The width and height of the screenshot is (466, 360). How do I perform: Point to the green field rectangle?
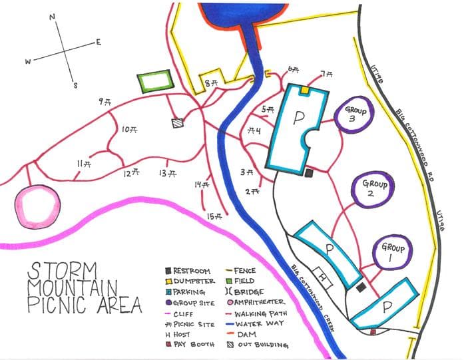pyautogui.click(x=155, y=82)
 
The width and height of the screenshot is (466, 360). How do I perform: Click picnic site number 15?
pyautogui.click(x=214, y=216)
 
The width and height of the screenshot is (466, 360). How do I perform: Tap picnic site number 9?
pyautogui.click(x=105, y=101)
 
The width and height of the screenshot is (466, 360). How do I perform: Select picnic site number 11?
pyautogui.click(x=84, y=163)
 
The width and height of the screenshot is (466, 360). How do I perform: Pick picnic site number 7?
pyautogui.click(x=326, y=74)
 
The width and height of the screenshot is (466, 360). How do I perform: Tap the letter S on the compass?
pyautogui.click(x=75, y=85)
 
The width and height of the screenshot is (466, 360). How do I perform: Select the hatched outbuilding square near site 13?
pyautogui.click(x=177, y=123)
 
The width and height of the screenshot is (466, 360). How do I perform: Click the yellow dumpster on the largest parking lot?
pyautogui.click(x=305, y=89)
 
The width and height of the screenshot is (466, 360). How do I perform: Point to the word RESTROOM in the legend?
pyautogui.click(x=192, y=271)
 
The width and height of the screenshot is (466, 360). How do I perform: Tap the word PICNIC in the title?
pyautogui.click(x=53, y=305)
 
